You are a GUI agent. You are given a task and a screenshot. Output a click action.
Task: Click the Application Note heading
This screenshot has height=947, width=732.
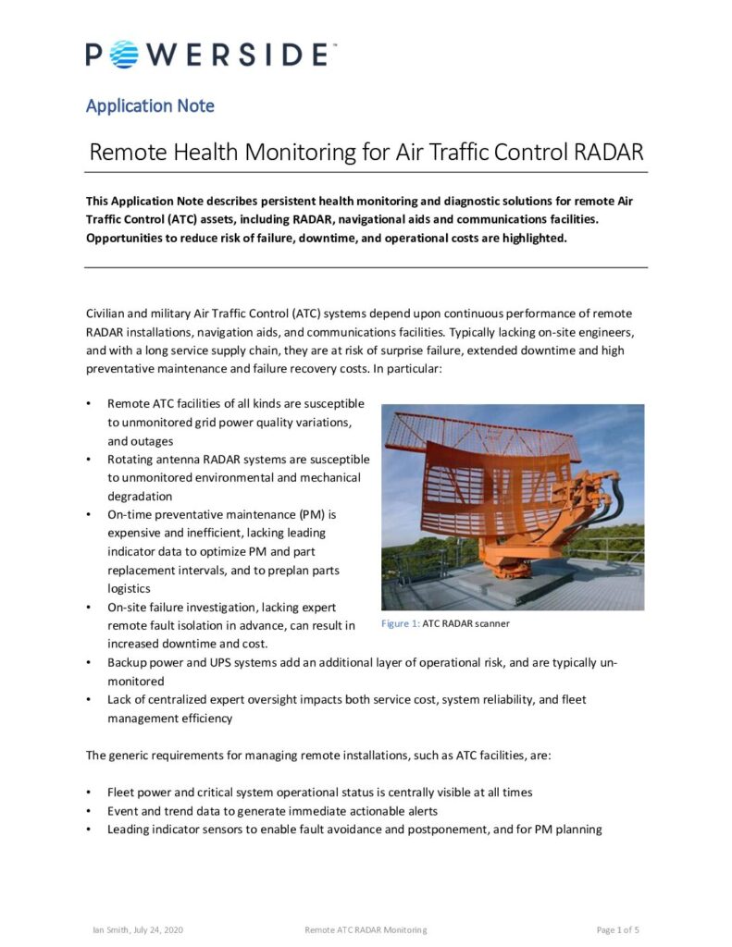150,105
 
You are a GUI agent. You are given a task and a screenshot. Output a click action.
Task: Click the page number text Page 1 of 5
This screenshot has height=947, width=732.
617,929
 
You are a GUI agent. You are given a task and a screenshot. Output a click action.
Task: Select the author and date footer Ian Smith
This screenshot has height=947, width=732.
132,929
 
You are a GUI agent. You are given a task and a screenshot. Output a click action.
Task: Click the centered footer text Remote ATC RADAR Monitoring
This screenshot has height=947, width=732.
366,929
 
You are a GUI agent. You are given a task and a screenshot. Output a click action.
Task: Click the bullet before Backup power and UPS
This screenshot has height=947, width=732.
88,663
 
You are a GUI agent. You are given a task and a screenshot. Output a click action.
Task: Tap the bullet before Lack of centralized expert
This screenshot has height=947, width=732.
88,700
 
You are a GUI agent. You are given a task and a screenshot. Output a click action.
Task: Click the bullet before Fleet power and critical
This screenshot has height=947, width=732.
88,793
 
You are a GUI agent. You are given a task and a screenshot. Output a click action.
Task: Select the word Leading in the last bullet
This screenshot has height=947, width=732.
129,830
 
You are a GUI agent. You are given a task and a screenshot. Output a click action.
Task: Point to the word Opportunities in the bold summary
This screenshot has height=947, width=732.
129,238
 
